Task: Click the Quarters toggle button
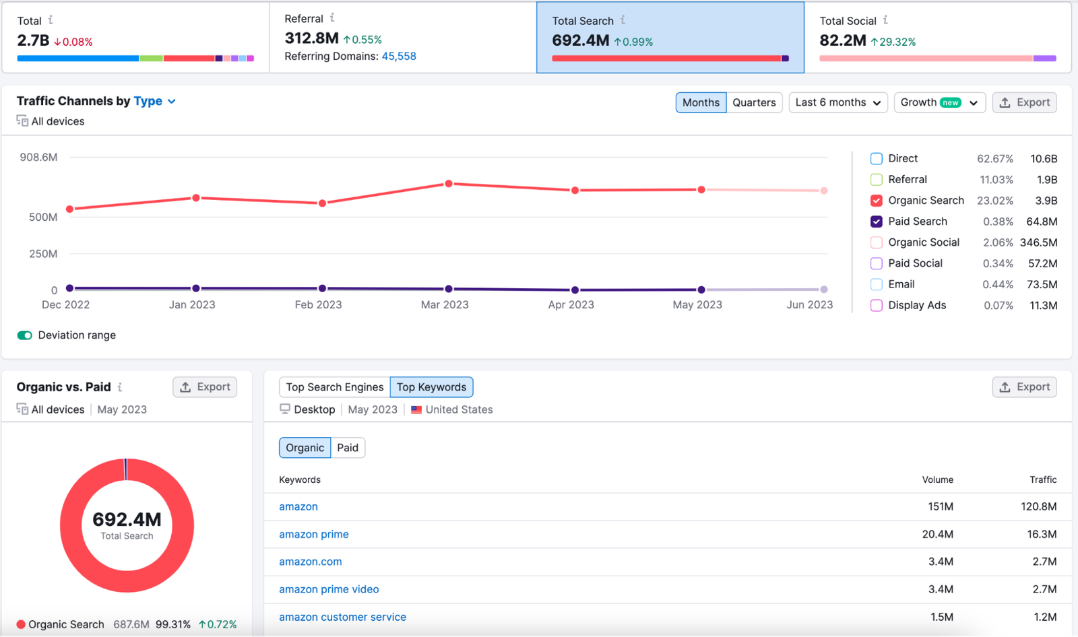[x=754, y=102]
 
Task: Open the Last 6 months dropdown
[x=837, y=102]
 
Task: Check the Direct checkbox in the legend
[x=876, y=159]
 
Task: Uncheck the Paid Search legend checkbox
[x=876, y=222]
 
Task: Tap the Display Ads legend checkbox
[x=876, y=306]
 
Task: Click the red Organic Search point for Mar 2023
[x=449, y=184]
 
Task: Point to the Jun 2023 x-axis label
[x=809, y=305]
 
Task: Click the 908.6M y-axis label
[x=38, y=158]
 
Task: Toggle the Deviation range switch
[x=25, y=335]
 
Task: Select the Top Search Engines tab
[x=334, y=387]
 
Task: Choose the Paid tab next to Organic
[x=348, y=448]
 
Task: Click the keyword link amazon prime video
[x=329, y=589]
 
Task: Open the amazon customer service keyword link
[x=342, y=617]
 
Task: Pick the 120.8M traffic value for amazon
[x=1038, y=506]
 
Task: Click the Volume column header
[x=937, y=479]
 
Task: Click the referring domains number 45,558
[x=399, y=57]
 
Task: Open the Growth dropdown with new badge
[x=939, y=102]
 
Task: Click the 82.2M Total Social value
[x=842, y=40]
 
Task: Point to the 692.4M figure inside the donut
[x=127, y=520]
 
